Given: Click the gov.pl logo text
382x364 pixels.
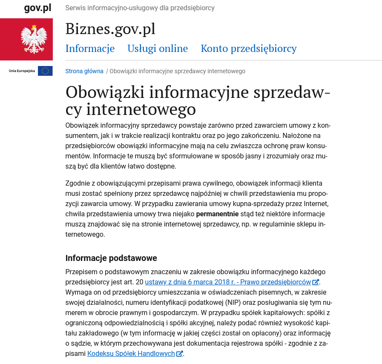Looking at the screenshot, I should pos(37,8).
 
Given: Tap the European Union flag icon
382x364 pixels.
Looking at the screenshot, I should pos(45,71).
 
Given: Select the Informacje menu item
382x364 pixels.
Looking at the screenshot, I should pos(90,49).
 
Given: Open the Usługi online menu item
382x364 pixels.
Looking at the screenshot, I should pos(158,49).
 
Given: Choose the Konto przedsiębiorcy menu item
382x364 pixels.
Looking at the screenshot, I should pos(249,49).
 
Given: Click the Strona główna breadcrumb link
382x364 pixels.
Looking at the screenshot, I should pos(84,71).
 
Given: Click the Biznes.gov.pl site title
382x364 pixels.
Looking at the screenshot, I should pos(110,29).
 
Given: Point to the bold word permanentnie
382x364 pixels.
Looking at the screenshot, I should pos(217,214).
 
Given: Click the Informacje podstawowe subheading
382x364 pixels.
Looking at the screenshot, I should pos(111,258).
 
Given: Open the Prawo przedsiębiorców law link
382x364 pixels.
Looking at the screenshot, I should pos(228,282).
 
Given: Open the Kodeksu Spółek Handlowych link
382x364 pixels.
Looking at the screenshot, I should pos(131,353).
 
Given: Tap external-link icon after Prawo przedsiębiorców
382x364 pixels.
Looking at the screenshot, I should pos(316,282).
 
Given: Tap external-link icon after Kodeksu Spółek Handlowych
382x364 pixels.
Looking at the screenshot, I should pos(180,353).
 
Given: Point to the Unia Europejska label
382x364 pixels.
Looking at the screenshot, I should pos(22,71).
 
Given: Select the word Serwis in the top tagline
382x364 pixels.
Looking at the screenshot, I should pos(75,8).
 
